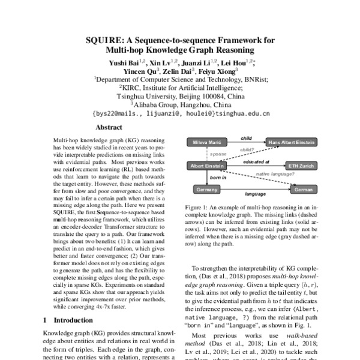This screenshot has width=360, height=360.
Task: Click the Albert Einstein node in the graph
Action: coord(206,166)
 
